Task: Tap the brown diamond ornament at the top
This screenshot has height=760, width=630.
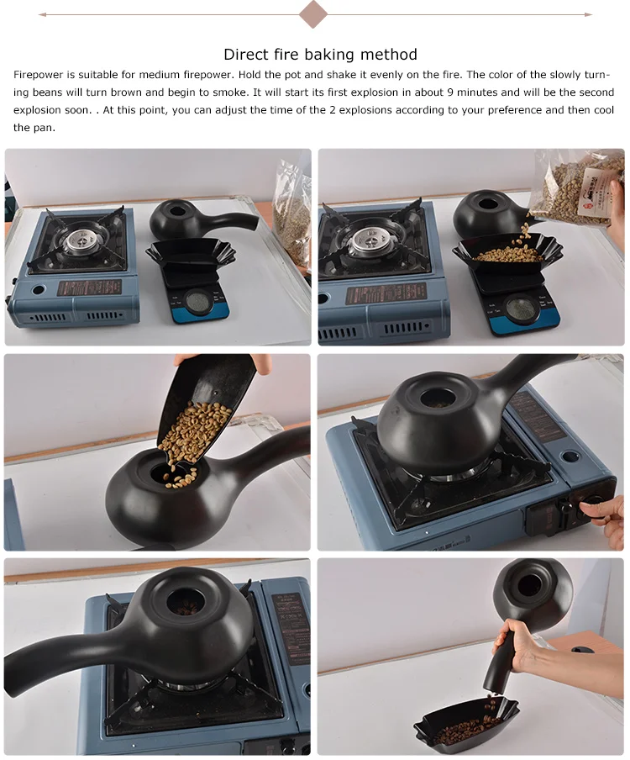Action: [313, 13]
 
